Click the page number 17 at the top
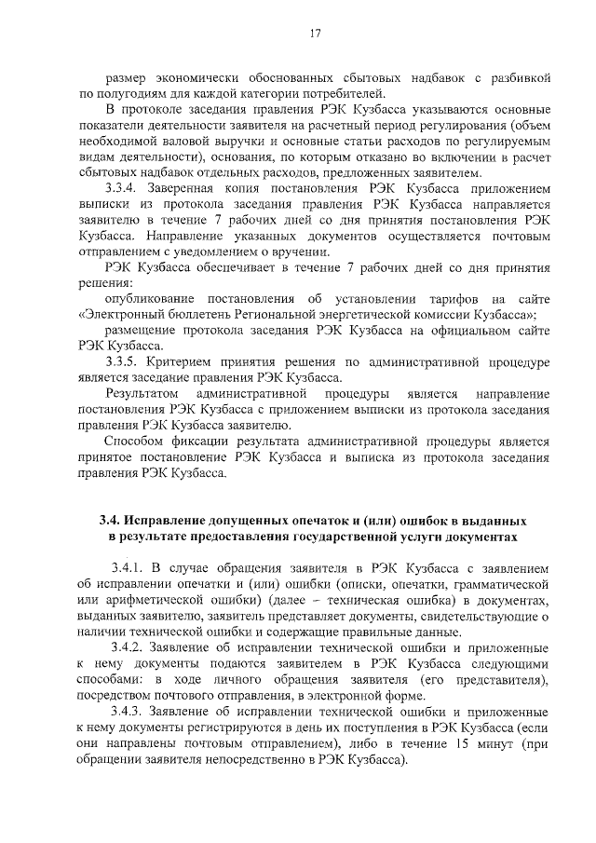click(x=315, y=34)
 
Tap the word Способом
click(x=132, y=442)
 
